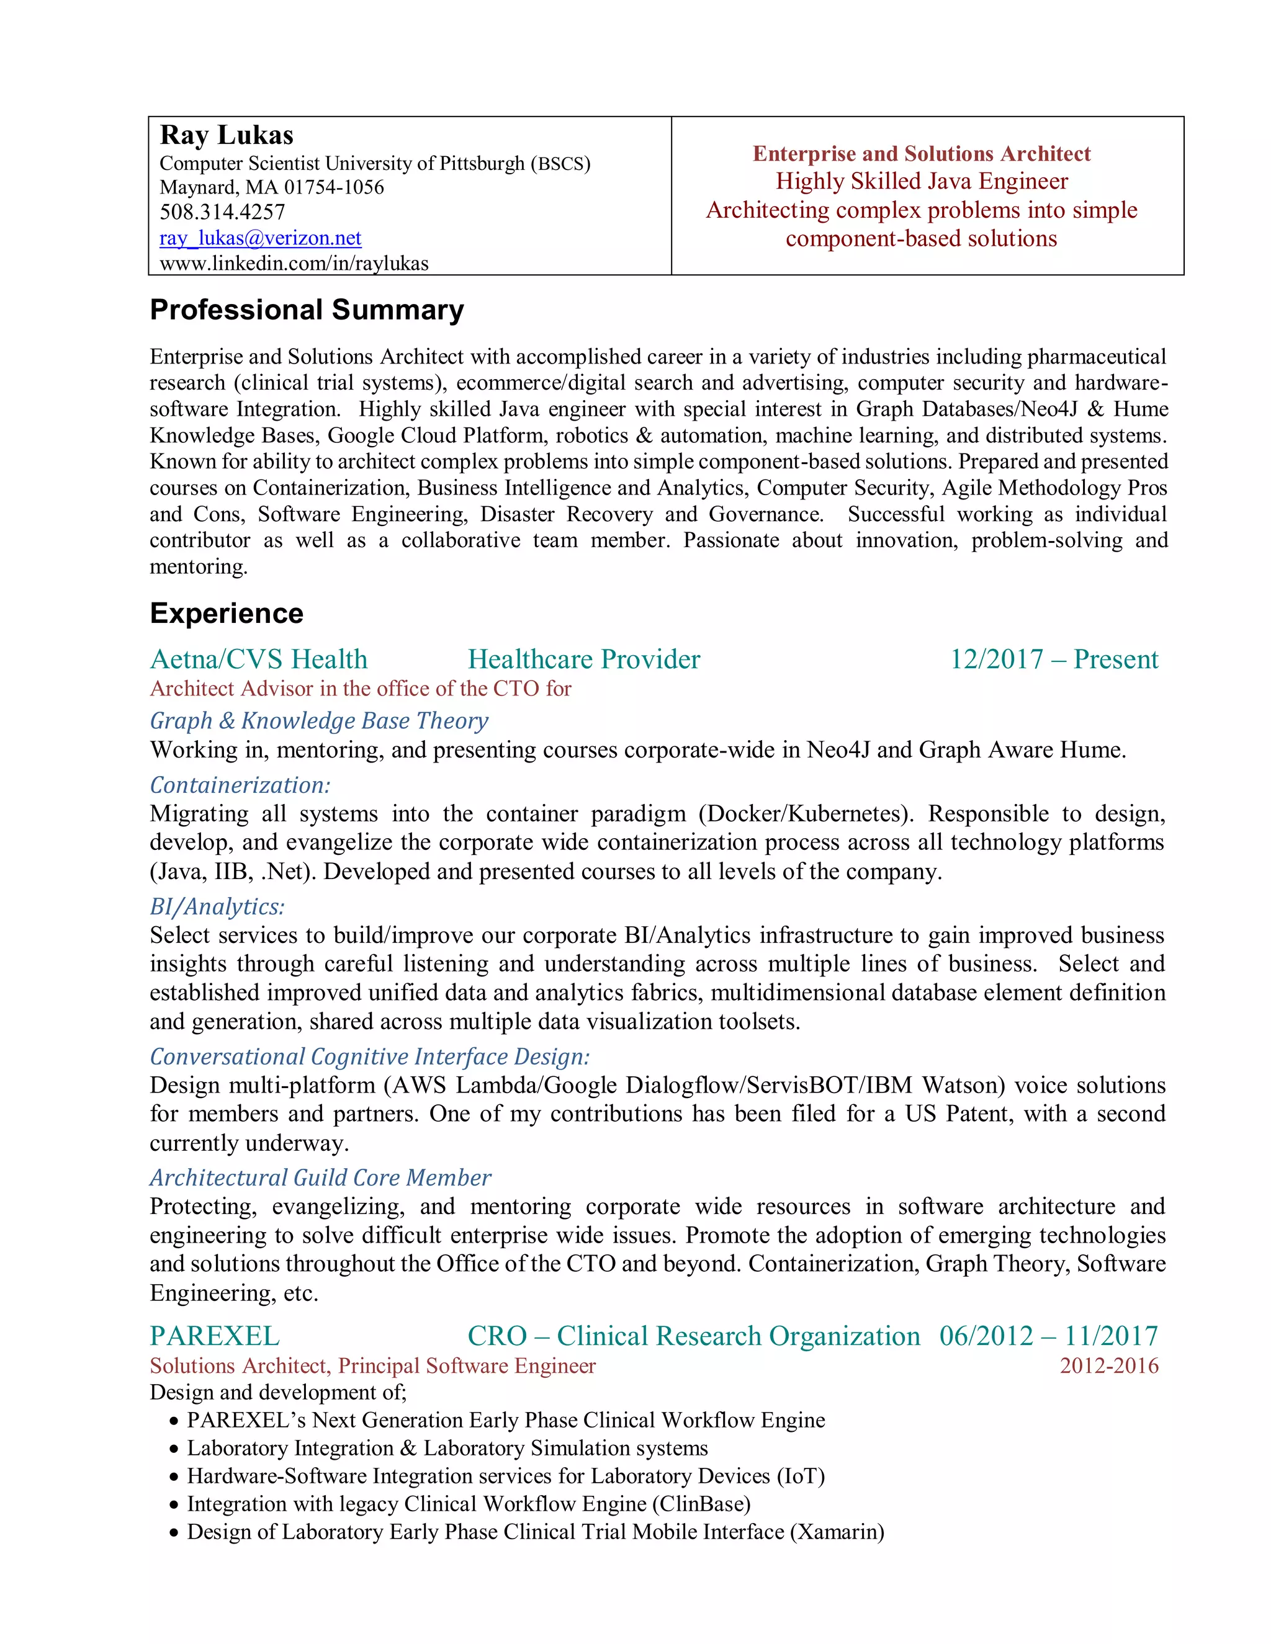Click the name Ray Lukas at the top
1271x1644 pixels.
pyautogui.click(x=227, y=135)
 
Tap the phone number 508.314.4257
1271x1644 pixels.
pyautogui.click(x=222, y=212)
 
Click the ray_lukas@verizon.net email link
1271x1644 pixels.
pyautogui.click(x=261, y=239)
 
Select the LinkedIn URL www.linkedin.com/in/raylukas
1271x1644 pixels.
pyautogui.click(x=294, y=264)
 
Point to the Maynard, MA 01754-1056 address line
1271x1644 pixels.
pyautogui.click(x=272, y=187)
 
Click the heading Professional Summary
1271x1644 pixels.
pyautogui.click(x=307, y=310)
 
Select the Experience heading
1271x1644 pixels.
pyautogui.click(x=227, y=614)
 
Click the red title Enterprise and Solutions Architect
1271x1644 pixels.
pyautogui.click(x=921, y=154)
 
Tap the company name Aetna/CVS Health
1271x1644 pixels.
pyautogui.click(x=259, y=659)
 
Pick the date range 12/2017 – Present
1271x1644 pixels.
pyautogui.click(x=1053, y=659)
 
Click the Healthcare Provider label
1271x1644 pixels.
pyautogui.click(x=583, y=659)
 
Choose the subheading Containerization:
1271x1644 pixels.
pyautogui.click(x=240, y=785)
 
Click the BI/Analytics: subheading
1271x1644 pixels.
pyautogui.click(x=217, y=907)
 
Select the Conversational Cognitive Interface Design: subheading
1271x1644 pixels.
pyautogui.click(x=370, y=1057)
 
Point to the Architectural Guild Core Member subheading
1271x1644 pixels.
pyautogui.click(x=320, y=1178)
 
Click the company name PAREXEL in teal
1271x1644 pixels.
pyautogui.click(x=215, y=1336)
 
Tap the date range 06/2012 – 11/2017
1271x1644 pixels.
pyautogui.click(x=1048, y=1336)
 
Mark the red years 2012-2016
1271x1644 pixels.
pyautogui.click(x=1108, y=1365)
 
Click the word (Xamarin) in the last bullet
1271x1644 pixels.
pyautogui.click(x=837, y=1532)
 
